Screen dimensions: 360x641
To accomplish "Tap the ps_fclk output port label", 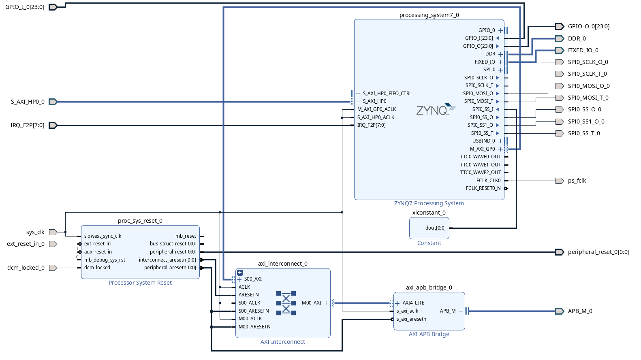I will point(577,181).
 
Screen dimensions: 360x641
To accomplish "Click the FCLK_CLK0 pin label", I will point(488,181).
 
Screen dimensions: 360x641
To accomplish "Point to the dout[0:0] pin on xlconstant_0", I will point(435,228).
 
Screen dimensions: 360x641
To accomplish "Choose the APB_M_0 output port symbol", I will point(560,311).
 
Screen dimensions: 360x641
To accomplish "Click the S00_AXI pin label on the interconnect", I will point(253,279).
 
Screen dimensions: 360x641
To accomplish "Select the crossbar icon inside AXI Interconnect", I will point(286,303).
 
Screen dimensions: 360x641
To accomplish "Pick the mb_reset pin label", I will point(186,236).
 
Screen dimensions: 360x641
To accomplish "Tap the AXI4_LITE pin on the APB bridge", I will point(413,303).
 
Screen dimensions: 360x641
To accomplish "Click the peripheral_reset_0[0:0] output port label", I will point(598,252).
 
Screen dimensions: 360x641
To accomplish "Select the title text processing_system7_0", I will point(429,15).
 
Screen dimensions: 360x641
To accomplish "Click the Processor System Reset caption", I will point(140,283).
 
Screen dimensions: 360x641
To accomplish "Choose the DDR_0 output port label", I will point(577,38).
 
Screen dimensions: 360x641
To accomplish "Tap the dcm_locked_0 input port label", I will point(26,268).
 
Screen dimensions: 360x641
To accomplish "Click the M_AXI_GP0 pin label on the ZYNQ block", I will point(482,149).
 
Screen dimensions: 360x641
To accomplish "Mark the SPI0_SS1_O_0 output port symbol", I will point(560,121).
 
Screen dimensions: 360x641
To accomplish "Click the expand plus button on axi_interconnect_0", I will point(240,273).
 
